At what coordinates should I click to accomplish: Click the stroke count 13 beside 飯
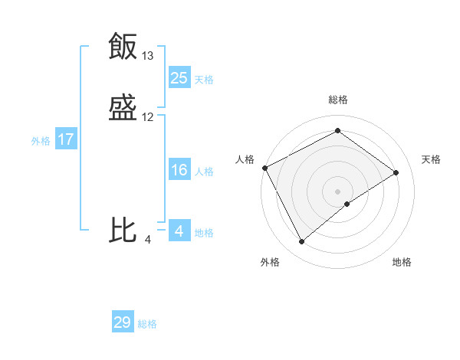point(148,56)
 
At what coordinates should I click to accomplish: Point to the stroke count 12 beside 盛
point(148,117)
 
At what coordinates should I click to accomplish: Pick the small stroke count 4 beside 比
point(148,240)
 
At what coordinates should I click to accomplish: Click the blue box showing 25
point(179,78)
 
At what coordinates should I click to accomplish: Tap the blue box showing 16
point(179,170)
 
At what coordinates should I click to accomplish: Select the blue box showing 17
point(66,139)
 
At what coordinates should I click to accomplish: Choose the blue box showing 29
point(123,322)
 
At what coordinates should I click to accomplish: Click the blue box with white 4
point(179,231)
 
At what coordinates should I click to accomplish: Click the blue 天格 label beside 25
point(204,80)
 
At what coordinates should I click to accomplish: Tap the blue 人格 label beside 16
point(204,172)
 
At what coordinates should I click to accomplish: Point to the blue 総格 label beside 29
point(147,324)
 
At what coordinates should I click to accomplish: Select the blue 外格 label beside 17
point(41,141)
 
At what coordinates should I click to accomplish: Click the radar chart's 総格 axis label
point(337,100)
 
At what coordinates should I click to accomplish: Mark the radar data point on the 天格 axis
point(396,172)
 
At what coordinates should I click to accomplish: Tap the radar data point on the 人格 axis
point(264,168)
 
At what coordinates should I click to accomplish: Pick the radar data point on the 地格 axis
point(347,204)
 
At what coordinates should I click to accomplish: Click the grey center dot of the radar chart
point(337,191)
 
